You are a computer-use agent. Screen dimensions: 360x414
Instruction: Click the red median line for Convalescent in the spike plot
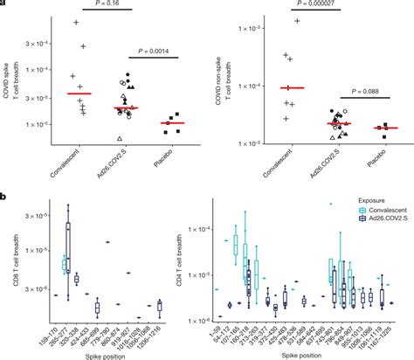pyautogui.click(x=79, y=93)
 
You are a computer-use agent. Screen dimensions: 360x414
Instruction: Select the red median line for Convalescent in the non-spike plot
pyautogui.click(x=292, y=87)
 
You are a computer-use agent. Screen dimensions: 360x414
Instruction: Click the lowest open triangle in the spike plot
pyautogui.click(x=120, y=139)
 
